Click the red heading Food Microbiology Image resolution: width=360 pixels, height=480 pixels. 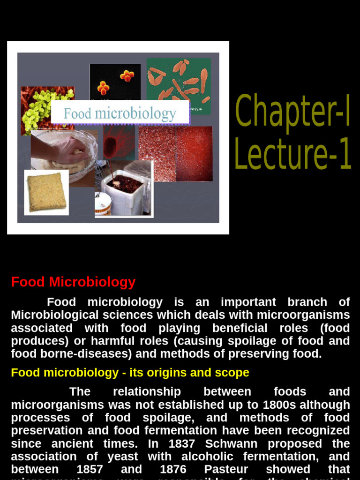[73, 282]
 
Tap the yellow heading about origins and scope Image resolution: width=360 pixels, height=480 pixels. [130, 373]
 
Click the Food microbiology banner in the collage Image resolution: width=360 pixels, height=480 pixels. [120, 113]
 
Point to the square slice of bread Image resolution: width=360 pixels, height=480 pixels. [46, 192]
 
